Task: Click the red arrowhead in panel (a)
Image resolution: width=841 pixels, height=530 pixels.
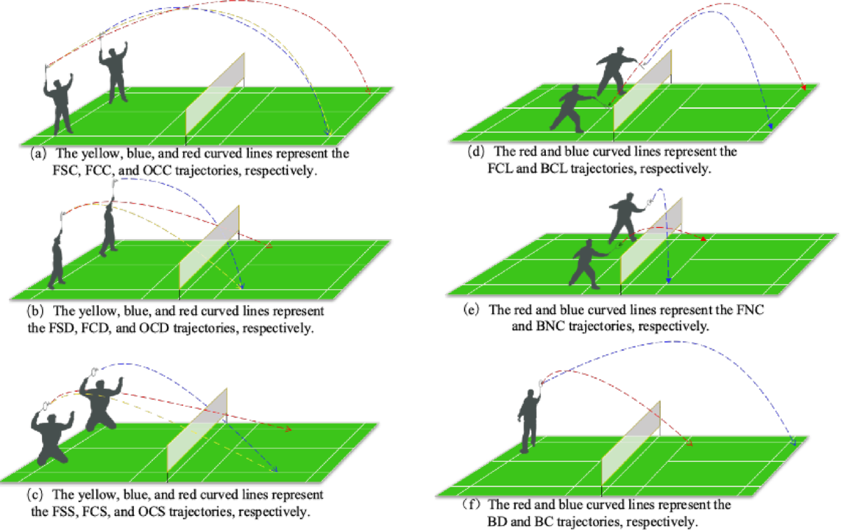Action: [x=368, y=91]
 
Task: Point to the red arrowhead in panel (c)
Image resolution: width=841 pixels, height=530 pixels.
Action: [x=288, y=428]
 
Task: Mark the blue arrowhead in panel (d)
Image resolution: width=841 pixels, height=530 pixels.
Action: [x=770, y=127]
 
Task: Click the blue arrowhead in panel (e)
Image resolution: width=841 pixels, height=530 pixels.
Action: [x=669, y=280]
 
